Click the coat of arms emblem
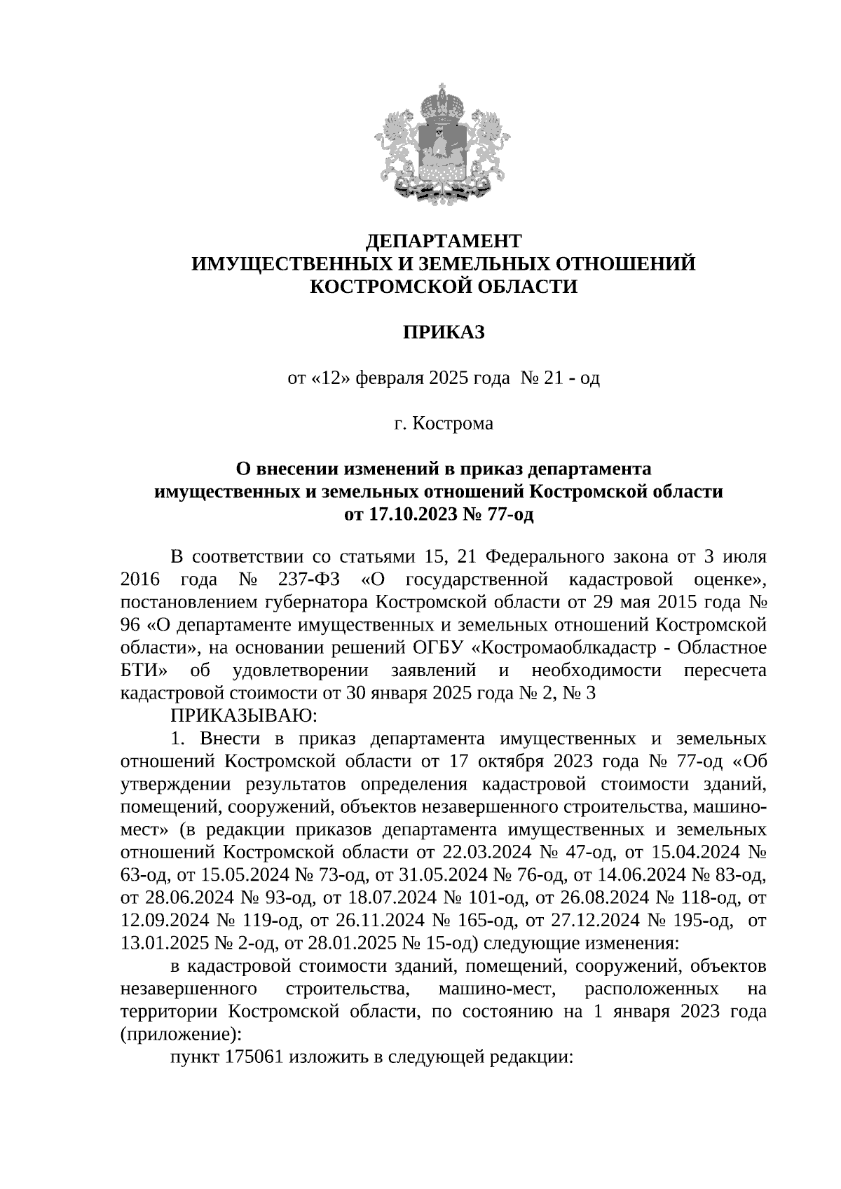coord(443,144)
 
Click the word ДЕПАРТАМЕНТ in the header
coord(444,241)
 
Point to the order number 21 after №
coord(554,378)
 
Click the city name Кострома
coord(452,424)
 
